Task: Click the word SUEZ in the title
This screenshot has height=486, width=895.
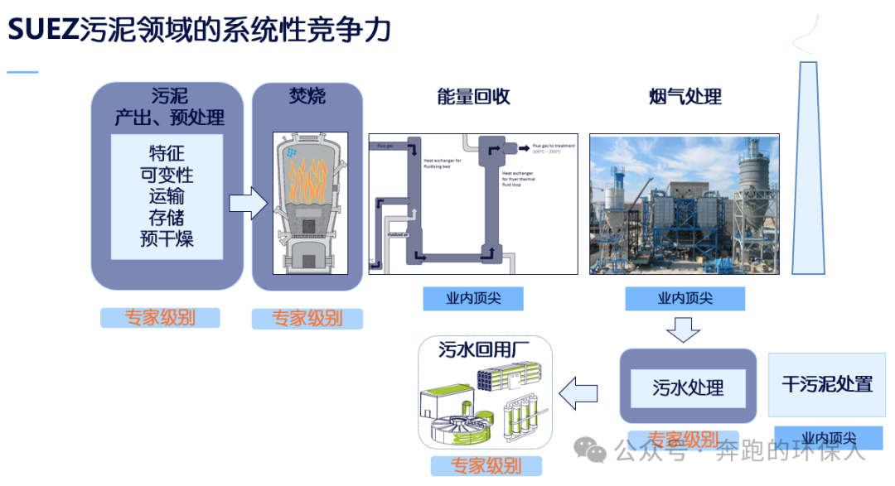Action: point(42,31)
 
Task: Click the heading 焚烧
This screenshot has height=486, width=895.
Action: point(307,96)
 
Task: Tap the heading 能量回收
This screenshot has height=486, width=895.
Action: point(473,97)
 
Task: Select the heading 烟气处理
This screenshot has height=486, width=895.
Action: point(685,97)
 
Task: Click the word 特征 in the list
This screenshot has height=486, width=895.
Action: point(167,154)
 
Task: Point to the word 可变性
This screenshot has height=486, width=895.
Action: point(167,176)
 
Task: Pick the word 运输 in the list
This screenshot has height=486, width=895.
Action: point(167,197)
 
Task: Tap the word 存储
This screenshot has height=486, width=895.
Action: point(167,219)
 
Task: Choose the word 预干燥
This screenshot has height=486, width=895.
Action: point(167,240)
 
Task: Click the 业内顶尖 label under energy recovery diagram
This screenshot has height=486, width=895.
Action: point(473,298)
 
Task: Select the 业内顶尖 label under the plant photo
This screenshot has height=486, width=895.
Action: point(685,298)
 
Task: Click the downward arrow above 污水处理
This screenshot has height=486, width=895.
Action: point(684,329)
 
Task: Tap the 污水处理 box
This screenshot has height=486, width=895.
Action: point(688,387)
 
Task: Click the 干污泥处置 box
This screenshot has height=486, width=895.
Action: point(827,384)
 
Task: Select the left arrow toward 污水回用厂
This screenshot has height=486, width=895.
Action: point(578,391)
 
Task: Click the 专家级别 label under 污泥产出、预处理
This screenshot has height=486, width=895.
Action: point(160,318)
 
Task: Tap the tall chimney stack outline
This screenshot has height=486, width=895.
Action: point(808,166)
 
